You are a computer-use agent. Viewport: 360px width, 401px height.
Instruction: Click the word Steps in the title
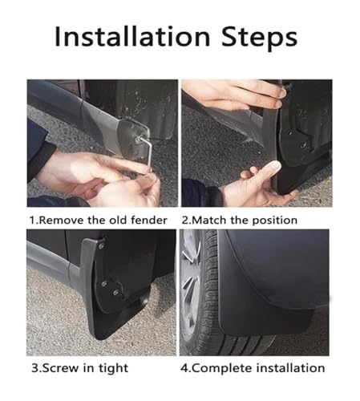pyautogui.click(x=259, y=38)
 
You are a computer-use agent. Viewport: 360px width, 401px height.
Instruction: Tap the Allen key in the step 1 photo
pyautogui.click(x=147, y=149)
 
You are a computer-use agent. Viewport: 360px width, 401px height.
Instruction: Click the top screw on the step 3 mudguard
pyautogui.click(x=101, y=246)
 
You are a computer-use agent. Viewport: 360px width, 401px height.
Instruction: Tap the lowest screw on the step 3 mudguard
pyautogui.click(x=115, y=292)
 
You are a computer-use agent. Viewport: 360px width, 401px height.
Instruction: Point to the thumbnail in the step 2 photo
pyautogui.click(x=273, y=167)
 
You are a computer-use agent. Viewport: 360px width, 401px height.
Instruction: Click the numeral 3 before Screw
pyautogui.click(x=34, y=368)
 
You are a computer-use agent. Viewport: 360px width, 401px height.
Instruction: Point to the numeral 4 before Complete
pyautogui.click(x=184, y=368)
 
